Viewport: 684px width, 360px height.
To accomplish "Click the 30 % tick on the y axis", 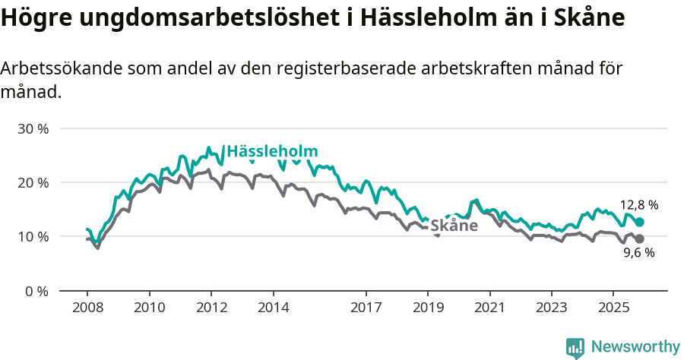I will click(32, 128).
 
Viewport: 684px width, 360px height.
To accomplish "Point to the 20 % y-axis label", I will click(32, 182).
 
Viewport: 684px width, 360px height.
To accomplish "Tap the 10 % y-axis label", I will click(32, 236).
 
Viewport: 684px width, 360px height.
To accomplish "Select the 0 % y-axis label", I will click(35, 291).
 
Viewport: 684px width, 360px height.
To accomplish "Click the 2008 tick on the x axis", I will click(87, 308).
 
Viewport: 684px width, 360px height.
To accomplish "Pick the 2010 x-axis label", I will click(149, 308).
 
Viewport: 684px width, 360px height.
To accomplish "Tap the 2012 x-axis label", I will click(211, 308).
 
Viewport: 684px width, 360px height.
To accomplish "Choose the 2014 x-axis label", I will click(273, 308).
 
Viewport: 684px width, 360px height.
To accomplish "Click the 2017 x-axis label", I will click(366, 308).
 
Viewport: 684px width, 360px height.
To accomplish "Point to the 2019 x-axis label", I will click(428, 308).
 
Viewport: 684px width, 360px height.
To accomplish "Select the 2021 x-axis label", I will click(490, 308).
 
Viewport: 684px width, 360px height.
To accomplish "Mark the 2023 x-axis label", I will click(552, 308).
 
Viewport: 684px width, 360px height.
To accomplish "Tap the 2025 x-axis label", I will click(614, 308).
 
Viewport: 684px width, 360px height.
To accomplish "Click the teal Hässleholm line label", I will click(272, 151).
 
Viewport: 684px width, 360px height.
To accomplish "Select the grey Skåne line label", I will click(454, 226).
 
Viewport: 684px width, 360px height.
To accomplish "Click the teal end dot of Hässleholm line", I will click(639, 222).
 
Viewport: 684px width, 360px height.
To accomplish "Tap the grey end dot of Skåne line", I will click(639, 239).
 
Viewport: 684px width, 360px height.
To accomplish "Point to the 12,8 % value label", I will click(639, 205).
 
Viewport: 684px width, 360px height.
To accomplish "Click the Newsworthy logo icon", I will click(575, 347).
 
